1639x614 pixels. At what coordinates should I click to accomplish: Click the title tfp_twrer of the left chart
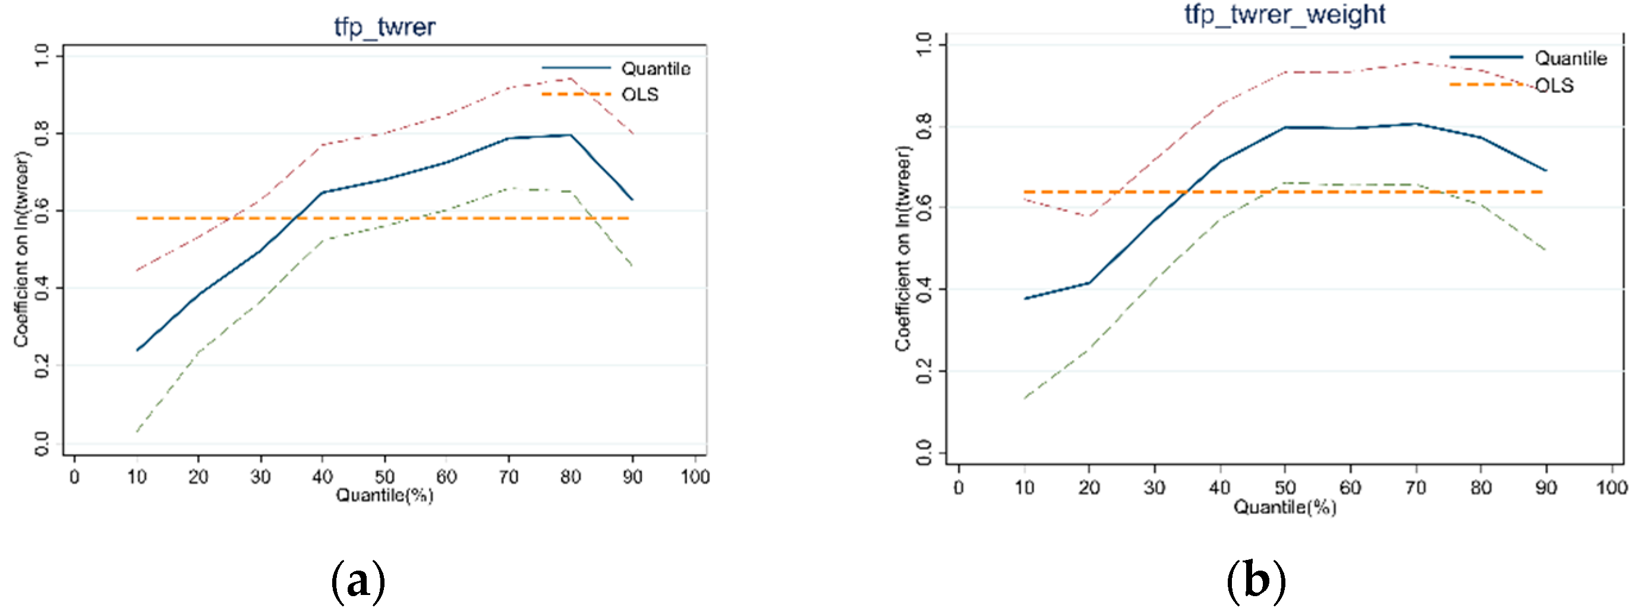click(x=384, y=27)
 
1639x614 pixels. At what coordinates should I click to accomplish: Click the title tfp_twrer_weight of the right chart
click(x=1284, y=14)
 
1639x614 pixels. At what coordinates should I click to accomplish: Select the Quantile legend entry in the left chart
click(x=655, y=68)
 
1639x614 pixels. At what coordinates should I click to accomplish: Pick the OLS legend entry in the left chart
click(x=639, y=94)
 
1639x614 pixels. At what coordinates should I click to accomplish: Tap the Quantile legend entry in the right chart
click(x=1570, y=58)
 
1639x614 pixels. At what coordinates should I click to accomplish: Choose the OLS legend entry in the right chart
click(x=1554, y=85)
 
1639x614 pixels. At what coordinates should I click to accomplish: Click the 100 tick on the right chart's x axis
click(x=1611, y=487)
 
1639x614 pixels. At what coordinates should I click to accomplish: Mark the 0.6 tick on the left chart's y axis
click(x=42, y=210)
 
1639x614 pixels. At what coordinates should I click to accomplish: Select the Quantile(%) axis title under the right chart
click(x=1284, y=506)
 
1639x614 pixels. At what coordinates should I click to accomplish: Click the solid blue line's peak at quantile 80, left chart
click(x=570, y=135)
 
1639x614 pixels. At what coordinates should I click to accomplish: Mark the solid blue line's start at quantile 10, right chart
click(x=1025, y=298)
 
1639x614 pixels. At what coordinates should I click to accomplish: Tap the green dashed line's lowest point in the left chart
click(x=137, y=432)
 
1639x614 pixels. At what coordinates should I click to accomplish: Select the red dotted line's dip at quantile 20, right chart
click(x=1089, y=216)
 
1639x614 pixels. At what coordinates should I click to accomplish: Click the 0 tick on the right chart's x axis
click(x=959, y=487)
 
